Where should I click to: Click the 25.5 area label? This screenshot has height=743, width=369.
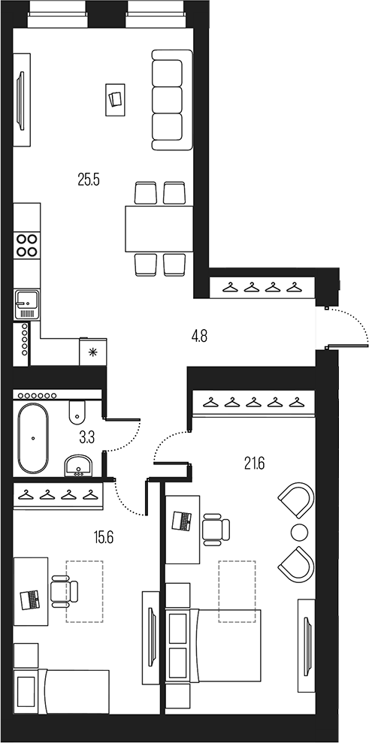point(89,180)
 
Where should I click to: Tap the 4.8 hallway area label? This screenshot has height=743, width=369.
point(198,336)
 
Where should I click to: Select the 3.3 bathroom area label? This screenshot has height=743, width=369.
point(86,437)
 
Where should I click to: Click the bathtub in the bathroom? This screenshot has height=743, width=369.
point(34,438)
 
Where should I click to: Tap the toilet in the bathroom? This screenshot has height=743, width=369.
point(77,412)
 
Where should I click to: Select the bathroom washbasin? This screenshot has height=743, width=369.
point(77,466)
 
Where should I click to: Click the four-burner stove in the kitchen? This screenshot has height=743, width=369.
point(27,246)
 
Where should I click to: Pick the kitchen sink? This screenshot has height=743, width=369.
point(26,304)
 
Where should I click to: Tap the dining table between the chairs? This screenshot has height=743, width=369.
point(156,228)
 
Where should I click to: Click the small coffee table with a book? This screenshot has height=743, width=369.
point(115,99)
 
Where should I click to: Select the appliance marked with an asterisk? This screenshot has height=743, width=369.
point(93,351)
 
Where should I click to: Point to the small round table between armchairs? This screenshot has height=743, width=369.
point(299,533)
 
